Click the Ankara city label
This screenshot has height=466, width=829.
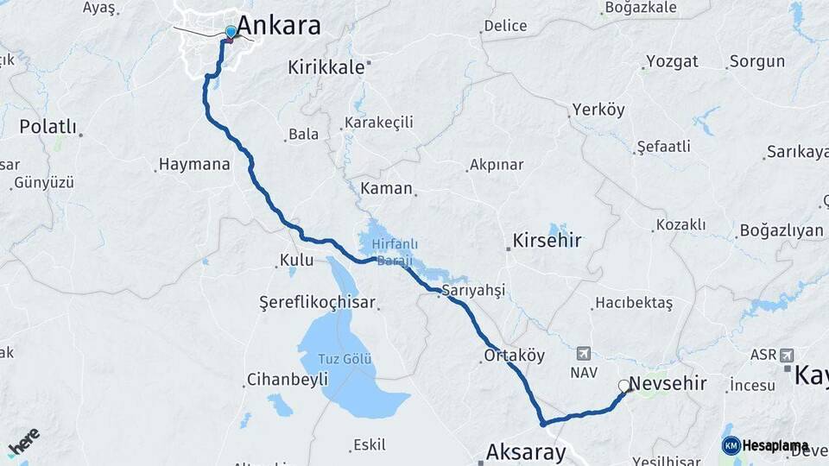[278, 25]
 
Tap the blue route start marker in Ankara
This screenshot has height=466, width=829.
[231, 33]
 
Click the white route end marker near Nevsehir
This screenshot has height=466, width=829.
[623, 387]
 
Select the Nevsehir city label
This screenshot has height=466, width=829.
[668, 384]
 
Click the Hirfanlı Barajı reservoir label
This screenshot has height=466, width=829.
[388, 253]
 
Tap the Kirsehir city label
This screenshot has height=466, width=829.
[547, 240]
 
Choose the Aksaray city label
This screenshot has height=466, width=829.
[526, 451]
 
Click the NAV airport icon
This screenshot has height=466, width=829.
[585, 355]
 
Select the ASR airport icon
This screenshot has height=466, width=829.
[786, 356]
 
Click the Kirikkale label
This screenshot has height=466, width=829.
[326, 67]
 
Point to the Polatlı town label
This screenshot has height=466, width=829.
[47, 127]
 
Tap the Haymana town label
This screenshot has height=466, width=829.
[194, 164]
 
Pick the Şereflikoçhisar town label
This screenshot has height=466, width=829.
[317, 303]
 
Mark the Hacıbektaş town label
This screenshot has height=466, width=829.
[632, 304]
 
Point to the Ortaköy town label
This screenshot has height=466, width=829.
[515, 356]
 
